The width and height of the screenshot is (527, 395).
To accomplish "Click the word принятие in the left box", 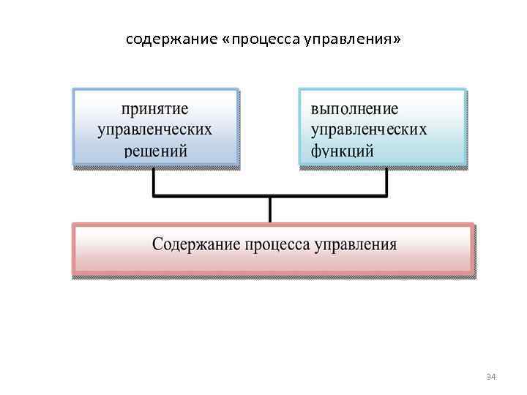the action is tap(154, 109).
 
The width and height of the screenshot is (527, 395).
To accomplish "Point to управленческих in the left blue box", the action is tap(154, 130).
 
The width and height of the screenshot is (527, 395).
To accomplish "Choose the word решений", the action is tap(155, 151).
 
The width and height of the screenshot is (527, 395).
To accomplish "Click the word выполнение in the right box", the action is tap(355, 109).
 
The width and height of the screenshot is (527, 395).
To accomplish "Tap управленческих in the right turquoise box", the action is tap(369, 130).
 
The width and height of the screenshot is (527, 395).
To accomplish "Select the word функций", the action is tap(343, 151).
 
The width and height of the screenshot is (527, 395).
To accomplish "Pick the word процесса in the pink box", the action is tap(276, 244).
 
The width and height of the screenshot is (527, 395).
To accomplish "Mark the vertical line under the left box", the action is tap(154, 183).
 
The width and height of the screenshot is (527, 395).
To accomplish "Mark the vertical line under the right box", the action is tap(386, 183).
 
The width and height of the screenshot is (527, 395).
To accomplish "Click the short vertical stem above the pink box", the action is tap(270, 209).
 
